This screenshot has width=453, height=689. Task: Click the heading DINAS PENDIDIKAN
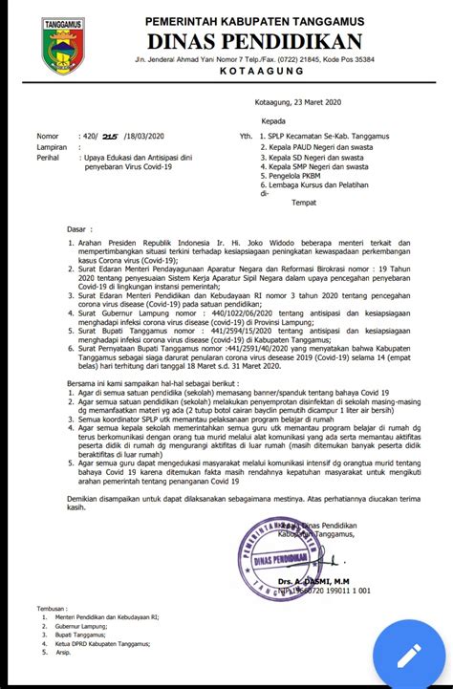point(254,41)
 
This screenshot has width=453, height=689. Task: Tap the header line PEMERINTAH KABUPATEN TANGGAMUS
point(254,21)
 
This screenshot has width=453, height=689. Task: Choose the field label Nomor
point(47,137)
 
